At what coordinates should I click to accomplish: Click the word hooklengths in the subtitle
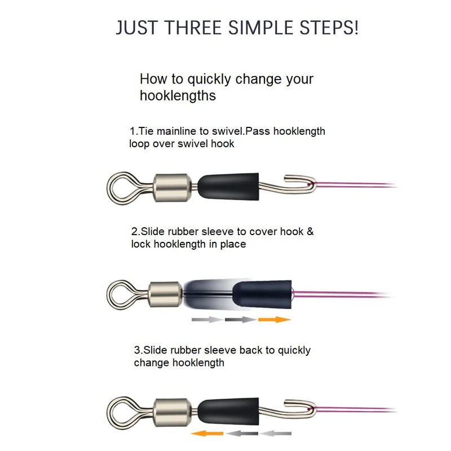[178, 96]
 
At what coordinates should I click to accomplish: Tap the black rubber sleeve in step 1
[228, 186]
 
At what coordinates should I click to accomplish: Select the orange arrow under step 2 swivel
[274, 320]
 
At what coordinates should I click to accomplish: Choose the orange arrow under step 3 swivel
[206, 433]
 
